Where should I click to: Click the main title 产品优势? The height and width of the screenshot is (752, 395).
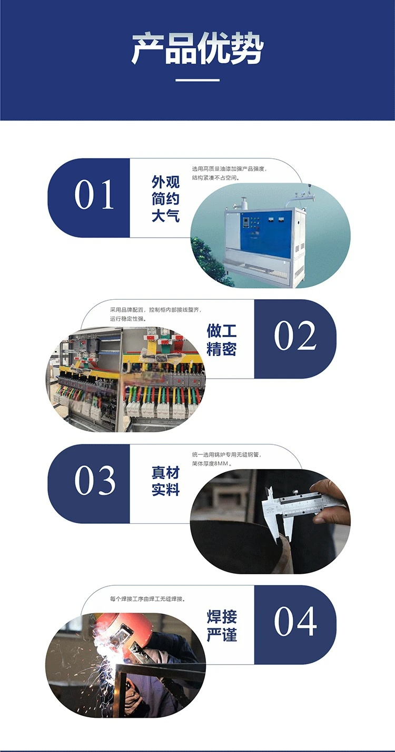click(x=197, y=48)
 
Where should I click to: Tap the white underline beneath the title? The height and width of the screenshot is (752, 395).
click(x=197, y=80)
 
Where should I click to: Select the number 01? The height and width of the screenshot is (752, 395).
click(x=94, y=195)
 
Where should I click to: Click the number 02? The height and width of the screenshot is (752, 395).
click(x=295, y=336)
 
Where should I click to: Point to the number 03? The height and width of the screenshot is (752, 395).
click(x=95, y=481)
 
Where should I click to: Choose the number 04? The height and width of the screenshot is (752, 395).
click(x=295, y=621)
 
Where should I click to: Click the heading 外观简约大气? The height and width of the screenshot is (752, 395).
click(x=165, y=199)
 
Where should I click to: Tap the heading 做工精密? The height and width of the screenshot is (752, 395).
click(x=222, y=340)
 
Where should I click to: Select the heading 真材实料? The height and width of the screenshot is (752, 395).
click(x=165, y=481)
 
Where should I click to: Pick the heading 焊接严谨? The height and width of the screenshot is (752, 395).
click(x=222, y=626)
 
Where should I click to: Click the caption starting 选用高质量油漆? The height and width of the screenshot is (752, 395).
click(x=230, y=173)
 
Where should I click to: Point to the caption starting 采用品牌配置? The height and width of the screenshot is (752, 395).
click(x=156, y=314)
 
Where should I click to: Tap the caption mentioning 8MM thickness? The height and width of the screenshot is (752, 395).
click(x=226, y=459)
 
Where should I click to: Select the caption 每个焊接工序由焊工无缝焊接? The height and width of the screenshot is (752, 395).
click(x=147, y=598)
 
